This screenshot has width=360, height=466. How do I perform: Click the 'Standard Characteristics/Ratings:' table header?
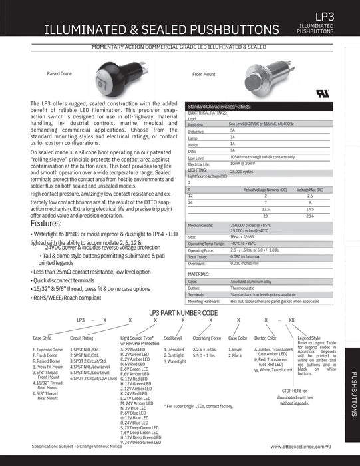(x=220, y=107)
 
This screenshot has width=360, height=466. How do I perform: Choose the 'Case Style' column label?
(x=42, y=338)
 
